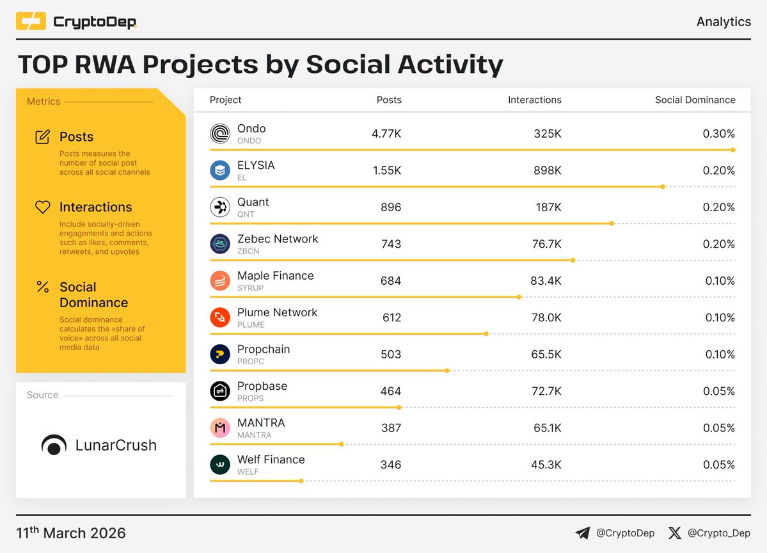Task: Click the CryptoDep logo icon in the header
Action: click(31, 22)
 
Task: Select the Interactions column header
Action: click(534, 100)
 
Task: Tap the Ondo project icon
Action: click(220, 134)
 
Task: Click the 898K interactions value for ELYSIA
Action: click(548, 171)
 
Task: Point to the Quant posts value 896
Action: click(390, 207)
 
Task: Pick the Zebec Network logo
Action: click(220, 244)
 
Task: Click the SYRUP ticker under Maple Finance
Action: click(250, 288)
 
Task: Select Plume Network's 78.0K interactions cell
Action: click(546, 318)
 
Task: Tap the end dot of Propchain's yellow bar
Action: click(447, 371)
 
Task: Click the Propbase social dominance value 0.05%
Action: click(718, 392)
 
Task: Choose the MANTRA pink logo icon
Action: click(220, 428)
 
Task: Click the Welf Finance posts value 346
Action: click(390, 465)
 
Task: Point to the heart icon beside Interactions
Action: click(43, 207)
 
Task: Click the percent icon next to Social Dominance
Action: click(43, 287)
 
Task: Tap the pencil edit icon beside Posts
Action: click(43, 137)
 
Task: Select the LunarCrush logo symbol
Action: click(54, 445)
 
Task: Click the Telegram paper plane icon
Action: click(582, 533)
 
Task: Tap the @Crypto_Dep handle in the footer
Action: click(718, 533)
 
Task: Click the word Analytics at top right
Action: click(724, 22)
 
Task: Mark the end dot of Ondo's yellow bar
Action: click(732, 150)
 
